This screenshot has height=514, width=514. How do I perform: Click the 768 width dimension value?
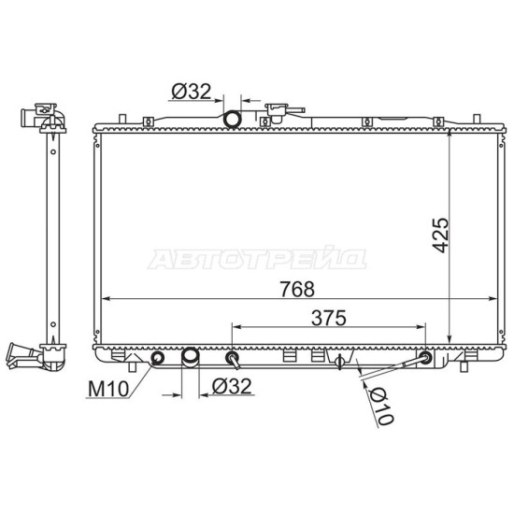pos(297,289)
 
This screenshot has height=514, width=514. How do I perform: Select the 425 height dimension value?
pos(440,235)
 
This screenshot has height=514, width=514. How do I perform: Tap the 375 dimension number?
pos(328,318)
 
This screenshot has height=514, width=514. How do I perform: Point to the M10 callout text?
pos(108,389)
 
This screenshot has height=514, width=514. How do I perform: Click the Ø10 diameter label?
pos(380,407)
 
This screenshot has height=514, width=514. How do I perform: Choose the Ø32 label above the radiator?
pos(192,92)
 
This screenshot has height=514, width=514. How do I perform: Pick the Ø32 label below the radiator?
pos(232,386)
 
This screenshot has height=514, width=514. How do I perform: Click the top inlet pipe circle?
pos(232,119)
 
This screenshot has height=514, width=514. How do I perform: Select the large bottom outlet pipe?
pos(190,358)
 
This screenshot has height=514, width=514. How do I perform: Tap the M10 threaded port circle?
pos(158,358)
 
